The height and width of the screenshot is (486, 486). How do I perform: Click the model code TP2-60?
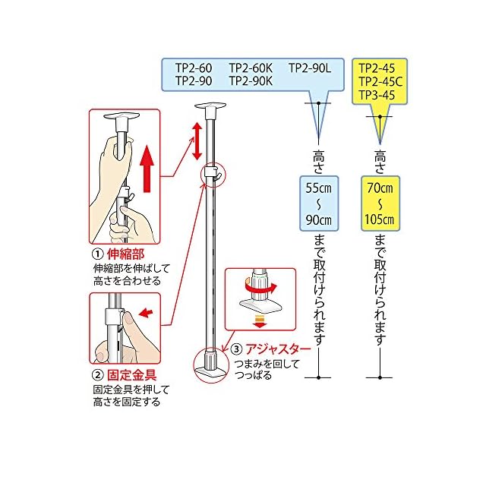coord(194,68)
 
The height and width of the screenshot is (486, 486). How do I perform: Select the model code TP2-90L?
coord(309,68)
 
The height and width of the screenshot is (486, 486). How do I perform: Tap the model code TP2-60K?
coord(251,68)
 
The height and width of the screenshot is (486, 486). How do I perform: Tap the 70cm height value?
coord(377,188)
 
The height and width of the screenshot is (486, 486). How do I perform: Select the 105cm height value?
coord(377,219)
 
